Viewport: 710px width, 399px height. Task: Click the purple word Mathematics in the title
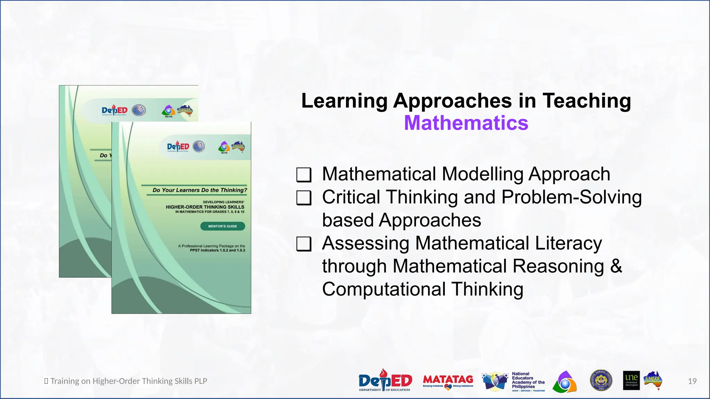[466, 123]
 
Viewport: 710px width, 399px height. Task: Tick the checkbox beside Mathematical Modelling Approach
[304, 175]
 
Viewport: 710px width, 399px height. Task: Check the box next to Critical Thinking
[304, 198]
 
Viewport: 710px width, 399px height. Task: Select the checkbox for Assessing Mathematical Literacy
[304, 244]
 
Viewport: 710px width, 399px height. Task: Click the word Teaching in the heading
[587, 101]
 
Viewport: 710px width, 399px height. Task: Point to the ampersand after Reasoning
[616, 266]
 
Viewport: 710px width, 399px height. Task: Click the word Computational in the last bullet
[384, 289]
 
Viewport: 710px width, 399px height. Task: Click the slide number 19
[692, 381]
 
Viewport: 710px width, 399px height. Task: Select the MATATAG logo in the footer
[448, 381]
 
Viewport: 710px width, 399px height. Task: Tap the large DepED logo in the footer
[385, 381]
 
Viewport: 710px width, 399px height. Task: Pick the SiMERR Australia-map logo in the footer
[653, 380]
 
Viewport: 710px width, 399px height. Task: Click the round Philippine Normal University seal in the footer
[601, 380]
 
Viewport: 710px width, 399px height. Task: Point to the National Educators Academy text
[528, 380]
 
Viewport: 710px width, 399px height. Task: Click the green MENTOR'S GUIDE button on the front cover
[223, 226]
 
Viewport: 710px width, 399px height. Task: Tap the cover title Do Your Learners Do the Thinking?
[200, 190]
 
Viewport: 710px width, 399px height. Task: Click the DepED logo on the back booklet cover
[114, 110]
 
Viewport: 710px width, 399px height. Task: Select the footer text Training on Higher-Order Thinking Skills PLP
[129, 381]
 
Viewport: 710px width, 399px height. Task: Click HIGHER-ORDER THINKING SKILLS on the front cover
[205, 207]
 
